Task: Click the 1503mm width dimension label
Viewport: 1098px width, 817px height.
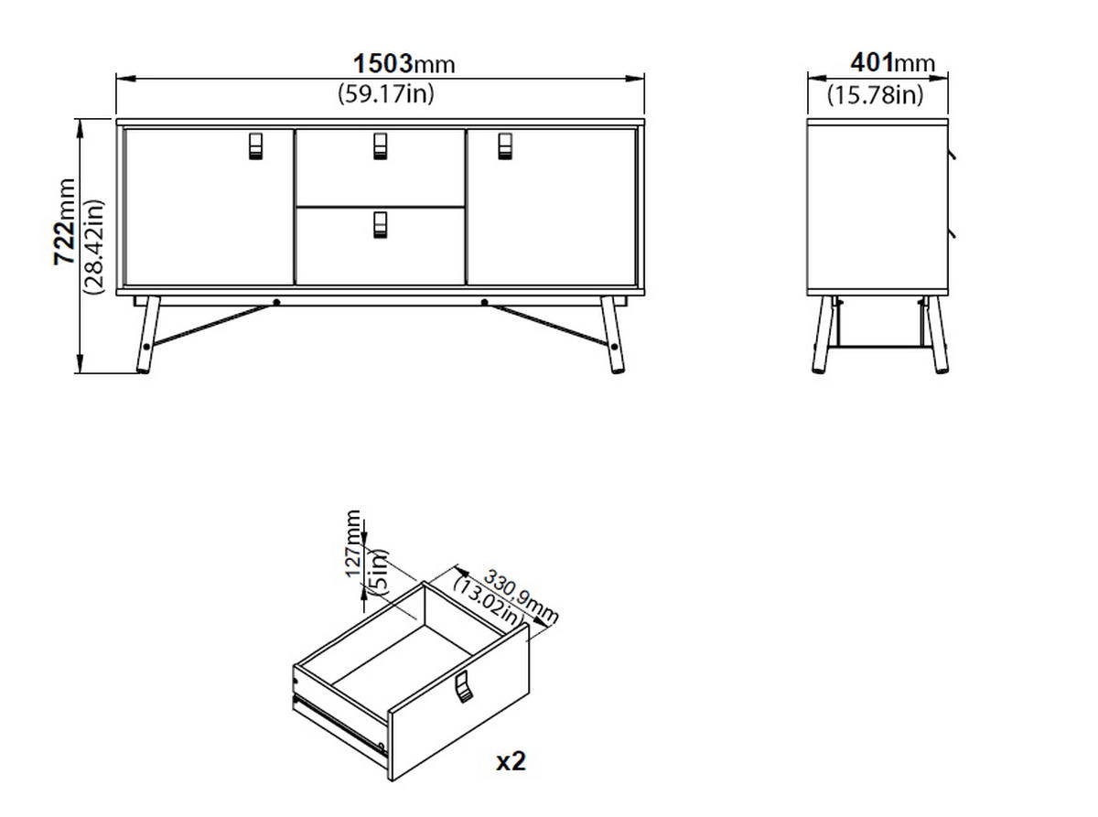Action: tap(404, 63)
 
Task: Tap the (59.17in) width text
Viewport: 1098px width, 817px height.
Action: tap(385, 92)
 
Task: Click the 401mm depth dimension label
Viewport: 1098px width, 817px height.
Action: tap(893, 62)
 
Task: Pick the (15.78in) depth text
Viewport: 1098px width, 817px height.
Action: tap(876, 93)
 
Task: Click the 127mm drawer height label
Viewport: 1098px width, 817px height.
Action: tap(354, 543)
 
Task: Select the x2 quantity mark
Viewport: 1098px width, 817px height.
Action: tap(511, 761)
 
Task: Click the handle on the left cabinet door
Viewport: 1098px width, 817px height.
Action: tap(255, 145)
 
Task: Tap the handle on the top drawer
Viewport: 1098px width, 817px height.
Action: tap(381, 145)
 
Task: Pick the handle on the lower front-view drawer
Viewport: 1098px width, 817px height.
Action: tap(381, 224)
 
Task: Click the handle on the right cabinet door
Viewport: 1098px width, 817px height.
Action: tap(505, 145)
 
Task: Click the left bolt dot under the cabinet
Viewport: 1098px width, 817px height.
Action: tap(276, 301)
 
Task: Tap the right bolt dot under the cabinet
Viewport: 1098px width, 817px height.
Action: tap(484, 301)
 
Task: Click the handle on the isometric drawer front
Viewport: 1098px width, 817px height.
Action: tap(464, 686)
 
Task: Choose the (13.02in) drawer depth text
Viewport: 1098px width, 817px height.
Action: tap(489, 604)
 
